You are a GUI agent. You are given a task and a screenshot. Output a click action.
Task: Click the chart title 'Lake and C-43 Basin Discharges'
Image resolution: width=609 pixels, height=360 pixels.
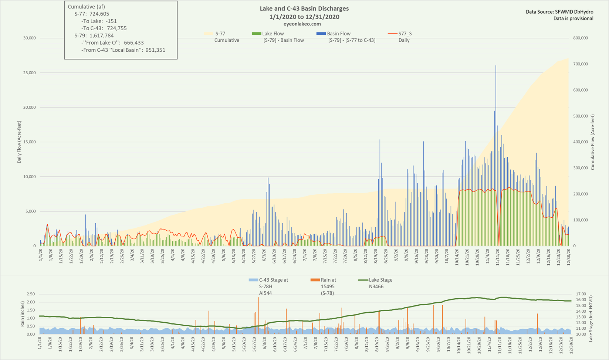304,9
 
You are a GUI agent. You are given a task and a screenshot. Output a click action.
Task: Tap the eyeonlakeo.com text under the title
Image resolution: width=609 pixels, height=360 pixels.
304,24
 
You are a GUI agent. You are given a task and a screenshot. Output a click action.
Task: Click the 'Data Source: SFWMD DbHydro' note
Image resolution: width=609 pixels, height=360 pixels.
559,12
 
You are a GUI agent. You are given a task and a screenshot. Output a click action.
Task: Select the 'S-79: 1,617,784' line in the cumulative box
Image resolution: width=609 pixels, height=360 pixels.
94,36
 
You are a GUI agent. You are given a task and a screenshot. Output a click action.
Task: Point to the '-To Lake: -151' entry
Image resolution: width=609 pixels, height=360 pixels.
99,21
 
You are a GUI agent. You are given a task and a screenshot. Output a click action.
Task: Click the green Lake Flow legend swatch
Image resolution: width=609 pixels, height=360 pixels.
256,34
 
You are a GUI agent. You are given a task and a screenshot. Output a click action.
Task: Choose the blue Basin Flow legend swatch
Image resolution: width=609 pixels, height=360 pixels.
321,34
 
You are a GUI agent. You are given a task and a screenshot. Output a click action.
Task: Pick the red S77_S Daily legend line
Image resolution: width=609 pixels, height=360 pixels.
392,34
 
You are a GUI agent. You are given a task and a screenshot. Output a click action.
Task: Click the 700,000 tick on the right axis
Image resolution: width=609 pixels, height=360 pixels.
581,64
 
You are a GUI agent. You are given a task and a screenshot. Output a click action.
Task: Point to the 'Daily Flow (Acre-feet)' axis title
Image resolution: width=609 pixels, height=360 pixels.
19,142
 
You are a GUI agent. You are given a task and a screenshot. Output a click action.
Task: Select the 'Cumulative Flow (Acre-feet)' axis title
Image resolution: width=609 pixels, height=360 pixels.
592,142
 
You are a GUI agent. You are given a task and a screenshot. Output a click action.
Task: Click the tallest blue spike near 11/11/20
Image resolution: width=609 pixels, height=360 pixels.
496,67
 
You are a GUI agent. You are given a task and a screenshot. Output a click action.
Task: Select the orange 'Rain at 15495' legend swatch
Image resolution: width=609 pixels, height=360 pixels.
315,280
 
